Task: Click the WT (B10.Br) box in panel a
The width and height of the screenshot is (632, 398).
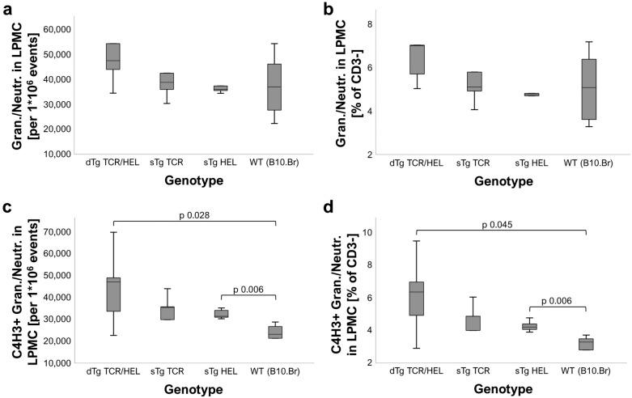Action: (276, 87)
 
